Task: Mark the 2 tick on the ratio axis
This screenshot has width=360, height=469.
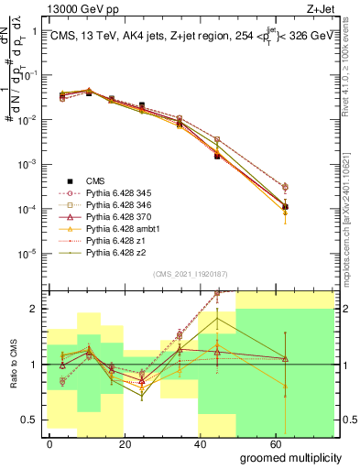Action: pyautogui.click(x=34, y=309)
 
